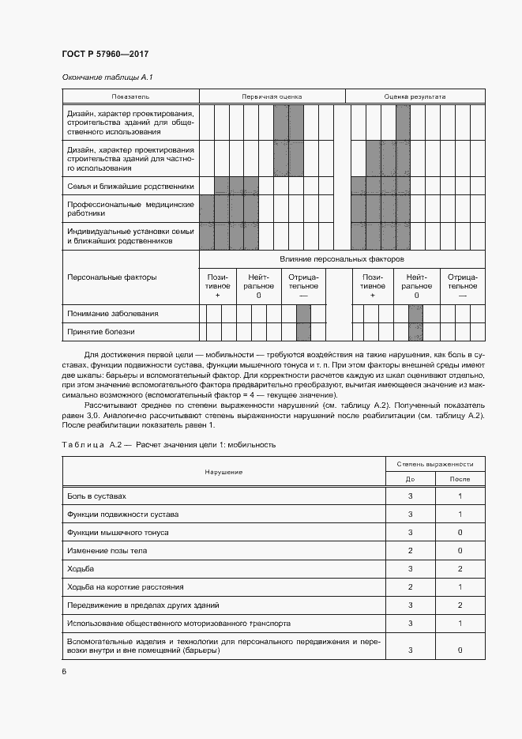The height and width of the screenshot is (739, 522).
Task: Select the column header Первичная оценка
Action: pos(272,96)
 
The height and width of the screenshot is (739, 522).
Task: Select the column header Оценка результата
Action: pos(415,96)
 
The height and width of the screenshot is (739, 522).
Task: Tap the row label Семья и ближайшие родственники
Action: pos(130,187)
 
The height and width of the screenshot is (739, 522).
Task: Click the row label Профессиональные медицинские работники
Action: pos(130,209)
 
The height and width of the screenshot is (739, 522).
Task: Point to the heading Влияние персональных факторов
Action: pos(341,259)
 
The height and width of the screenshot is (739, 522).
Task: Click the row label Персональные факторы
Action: pos(112,277)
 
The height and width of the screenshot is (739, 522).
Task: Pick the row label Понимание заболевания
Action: pos(113,314)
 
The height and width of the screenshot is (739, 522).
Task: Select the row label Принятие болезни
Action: pos(101,333)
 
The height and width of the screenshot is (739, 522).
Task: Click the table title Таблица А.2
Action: pos(168,445)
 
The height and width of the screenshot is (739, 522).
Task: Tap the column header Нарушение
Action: pos(223,472)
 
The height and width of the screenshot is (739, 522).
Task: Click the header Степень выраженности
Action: pos(434,464)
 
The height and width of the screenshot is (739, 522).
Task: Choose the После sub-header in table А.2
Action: pos(460,479)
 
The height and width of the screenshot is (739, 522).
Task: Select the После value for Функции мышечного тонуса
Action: pos(460,533)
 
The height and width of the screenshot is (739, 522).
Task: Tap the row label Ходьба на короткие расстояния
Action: pos(126,587)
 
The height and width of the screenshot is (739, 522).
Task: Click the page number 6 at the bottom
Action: pos(65,671)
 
